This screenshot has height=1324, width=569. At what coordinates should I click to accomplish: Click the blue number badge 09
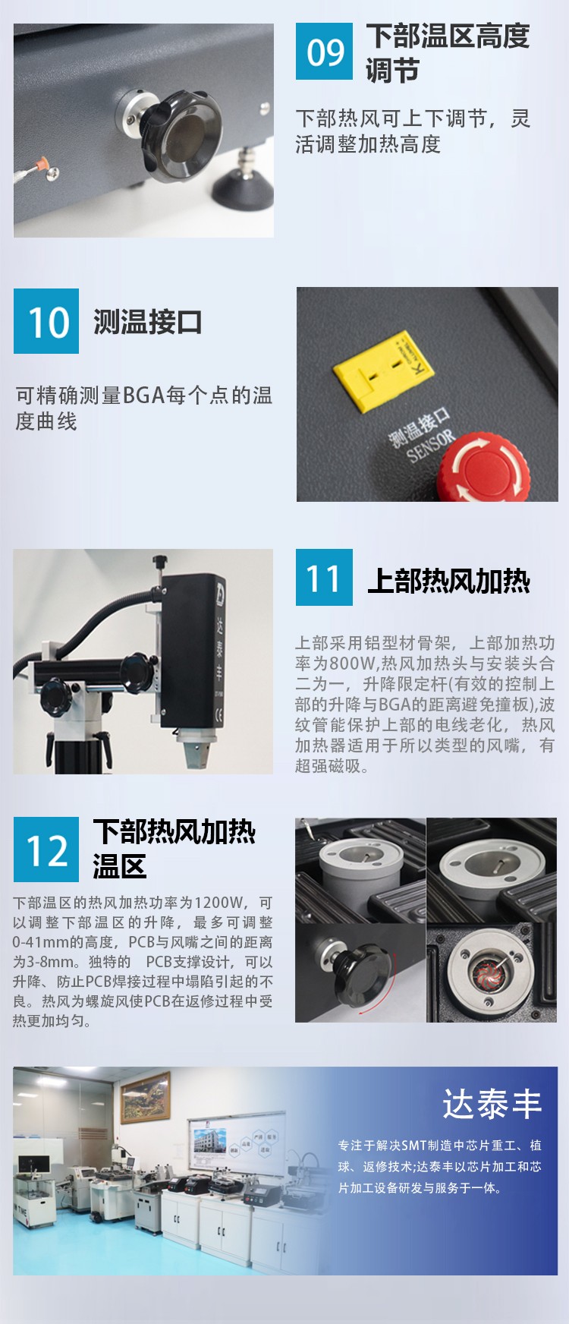(324, 52)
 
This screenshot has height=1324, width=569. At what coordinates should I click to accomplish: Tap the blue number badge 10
(46, 321)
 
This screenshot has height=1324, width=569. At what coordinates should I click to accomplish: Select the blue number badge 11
(324, 578)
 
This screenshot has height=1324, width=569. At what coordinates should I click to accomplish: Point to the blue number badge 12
(46, 850)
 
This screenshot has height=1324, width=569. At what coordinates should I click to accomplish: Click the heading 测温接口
(148, 322)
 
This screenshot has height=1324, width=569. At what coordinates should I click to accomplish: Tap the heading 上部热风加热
(448, 581)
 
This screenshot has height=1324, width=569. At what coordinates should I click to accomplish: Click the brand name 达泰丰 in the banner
(492, 1104)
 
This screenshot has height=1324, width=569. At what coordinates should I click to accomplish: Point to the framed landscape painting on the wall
(146, 1097)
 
